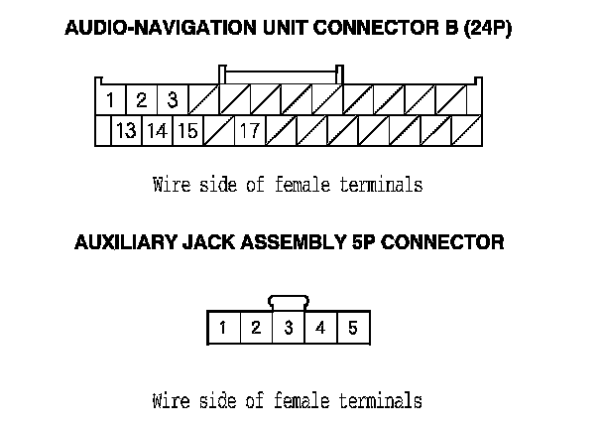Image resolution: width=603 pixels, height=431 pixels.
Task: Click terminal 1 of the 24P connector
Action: coord(111,100)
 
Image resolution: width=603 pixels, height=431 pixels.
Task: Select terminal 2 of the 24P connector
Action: coord(141,100)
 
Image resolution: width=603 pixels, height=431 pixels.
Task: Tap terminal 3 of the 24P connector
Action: coord(172,100)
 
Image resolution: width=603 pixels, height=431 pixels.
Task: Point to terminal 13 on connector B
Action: coord(126,130)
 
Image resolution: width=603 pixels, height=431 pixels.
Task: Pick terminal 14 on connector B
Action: coord(157,130)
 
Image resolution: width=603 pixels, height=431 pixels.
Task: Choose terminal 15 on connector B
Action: coord(187,130)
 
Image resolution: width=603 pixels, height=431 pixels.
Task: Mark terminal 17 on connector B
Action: coord(249,130)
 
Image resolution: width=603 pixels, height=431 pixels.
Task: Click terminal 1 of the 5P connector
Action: coord(224,328)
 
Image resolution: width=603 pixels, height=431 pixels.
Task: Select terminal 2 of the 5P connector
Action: coord(256,328)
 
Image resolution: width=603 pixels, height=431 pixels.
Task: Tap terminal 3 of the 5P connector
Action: coord(289,328)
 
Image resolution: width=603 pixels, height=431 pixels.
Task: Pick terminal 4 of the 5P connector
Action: coord(320,328)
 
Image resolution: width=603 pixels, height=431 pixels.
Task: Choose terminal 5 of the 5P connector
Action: coord(352,328)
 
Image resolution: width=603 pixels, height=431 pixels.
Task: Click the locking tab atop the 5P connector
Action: coord(289,301)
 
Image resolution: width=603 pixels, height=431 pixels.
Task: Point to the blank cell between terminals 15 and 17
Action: coord(218,130)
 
